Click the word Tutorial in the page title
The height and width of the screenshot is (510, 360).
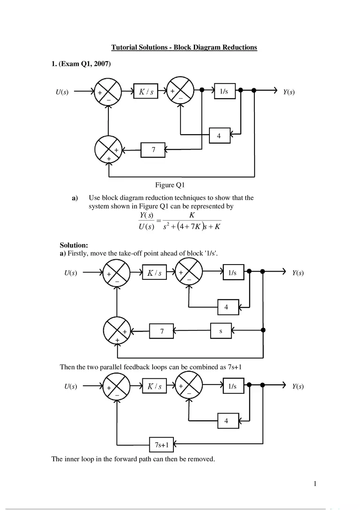[x=124, y=47]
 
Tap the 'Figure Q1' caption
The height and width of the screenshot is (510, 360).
[x=170, y=185]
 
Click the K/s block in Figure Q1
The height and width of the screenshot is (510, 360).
[x=146, y=92]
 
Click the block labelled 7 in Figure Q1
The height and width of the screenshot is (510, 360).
[x=153, y=150]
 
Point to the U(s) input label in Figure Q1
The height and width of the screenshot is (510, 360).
[x=62, y=92]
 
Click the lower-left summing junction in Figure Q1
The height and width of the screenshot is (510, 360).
[x=108, y=150]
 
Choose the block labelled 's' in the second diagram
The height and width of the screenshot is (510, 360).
[x=221, y=331]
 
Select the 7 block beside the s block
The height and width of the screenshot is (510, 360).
[x=162, y=332]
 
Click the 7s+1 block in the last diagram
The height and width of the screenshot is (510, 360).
[x=161, y=443]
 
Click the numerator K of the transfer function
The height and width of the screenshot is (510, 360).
[x=191, y=215]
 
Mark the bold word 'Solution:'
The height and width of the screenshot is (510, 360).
[x=74, y=245]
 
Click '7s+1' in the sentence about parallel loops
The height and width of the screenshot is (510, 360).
[x=235, y=367]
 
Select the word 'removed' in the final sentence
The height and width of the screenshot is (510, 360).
[x=200, y=459]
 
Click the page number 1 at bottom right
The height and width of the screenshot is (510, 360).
[x=315, y=484]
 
